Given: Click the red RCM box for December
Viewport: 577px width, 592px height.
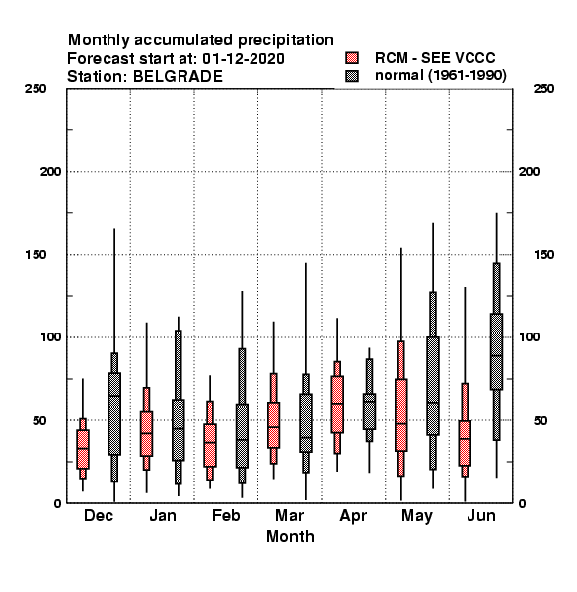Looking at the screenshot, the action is pos(83,449).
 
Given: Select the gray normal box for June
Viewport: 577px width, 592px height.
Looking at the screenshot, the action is pos(497,351).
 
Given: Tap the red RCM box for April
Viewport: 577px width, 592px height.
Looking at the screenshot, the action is pos(337,405).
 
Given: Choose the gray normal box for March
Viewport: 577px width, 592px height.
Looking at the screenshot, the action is pos(306,423).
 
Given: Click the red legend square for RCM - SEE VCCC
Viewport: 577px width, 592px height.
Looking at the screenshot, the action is pos(352,58).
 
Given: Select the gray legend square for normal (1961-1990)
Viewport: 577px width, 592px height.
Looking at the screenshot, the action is pos(352,76).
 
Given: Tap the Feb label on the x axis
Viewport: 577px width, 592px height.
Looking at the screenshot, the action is pos(226,516).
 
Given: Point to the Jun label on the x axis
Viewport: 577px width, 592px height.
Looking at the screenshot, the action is pos(481,516).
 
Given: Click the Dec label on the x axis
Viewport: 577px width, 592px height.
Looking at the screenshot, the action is pos(99,516).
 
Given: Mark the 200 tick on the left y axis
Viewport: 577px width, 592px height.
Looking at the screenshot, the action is pos(50,172).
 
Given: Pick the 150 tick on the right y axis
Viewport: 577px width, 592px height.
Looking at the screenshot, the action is pos(543,255).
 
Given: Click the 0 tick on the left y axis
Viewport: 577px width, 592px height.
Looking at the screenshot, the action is pos(57,503).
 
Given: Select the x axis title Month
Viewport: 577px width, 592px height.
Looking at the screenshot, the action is pos(290,537).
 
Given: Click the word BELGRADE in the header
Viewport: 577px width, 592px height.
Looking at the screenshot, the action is pos(178,77).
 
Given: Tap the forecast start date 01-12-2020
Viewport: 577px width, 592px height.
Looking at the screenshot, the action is pos(244,59).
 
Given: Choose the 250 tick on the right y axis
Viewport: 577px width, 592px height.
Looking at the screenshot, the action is pos(543,89).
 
